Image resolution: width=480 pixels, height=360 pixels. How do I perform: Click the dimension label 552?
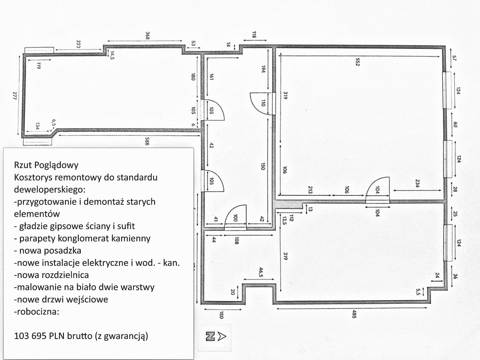[x=357, y=61]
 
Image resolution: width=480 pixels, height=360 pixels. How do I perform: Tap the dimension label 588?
[x=147, y=141]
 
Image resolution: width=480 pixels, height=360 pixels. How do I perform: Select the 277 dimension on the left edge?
[x=15, y=96]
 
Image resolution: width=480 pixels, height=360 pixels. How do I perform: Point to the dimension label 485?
[x=354, y=314]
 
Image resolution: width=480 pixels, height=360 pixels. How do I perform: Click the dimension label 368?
[x=148, y=36]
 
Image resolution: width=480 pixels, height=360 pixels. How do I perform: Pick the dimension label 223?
[x=78, y=44]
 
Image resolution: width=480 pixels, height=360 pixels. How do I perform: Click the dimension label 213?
[x=310, y=189]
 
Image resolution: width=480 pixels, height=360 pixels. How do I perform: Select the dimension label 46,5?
[x=261, y=272]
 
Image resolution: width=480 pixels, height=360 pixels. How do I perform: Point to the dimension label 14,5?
[x=112, y=55]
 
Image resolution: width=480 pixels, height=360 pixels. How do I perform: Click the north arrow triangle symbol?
[x=222, y=336]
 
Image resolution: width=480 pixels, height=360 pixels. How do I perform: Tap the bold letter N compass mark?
[x=210, y=336]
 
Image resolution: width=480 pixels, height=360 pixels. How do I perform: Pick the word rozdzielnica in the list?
[x=63, y=275]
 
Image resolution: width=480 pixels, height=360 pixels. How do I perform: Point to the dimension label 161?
[x=211, y=77]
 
